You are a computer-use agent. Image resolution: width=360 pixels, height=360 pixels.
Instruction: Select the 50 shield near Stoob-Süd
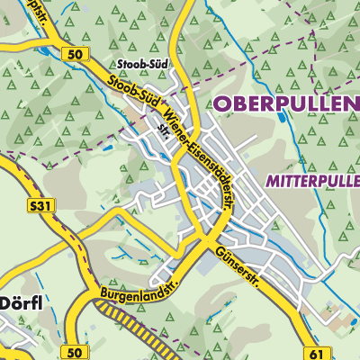[74, 55]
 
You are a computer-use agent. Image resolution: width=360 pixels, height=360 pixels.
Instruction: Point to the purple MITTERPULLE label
[312, 180]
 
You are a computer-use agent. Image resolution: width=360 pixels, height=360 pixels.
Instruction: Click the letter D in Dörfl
[4, 301]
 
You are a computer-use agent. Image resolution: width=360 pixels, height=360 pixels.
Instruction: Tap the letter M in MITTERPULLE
[273, 180]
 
